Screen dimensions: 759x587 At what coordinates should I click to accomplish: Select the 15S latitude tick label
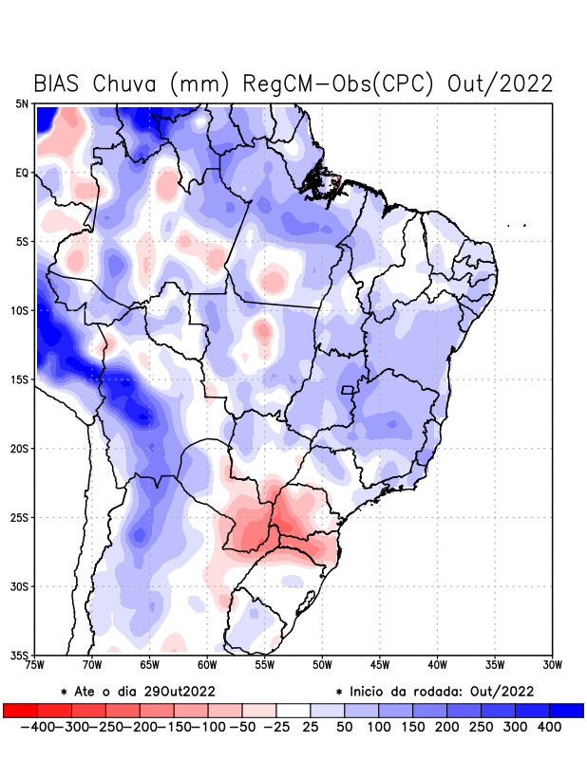pos(21,379)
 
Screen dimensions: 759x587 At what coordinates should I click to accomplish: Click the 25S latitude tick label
pos(21,517)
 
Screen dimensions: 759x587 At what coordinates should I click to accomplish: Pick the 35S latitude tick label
pos(21,655)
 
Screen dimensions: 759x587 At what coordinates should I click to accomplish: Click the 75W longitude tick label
pos(36,664)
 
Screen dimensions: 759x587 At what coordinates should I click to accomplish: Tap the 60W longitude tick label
pos(208,664)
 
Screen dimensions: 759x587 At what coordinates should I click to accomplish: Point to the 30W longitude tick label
pos(553,664)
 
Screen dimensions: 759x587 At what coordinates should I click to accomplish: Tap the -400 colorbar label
pos(39,726)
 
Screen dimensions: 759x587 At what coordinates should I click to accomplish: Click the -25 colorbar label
pos(276,726)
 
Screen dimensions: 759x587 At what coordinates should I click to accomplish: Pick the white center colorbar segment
pos(293,710)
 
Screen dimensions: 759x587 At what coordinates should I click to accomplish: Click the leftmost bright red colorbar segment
pos(20,710)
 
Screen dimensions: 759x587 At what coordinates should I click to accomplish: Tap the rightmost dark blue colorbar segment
pos(567,710)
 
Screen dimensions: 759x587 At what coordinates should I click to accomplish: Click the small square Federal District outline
pos(348,390)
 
